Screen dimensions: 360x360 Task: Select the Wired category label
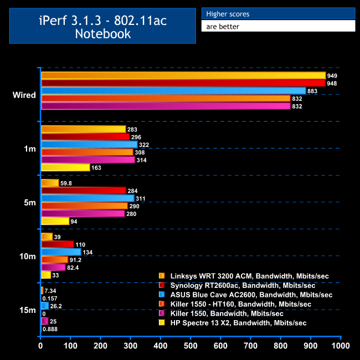(24, 95)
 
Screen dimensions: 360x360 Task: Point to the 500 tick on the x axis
(191, 346)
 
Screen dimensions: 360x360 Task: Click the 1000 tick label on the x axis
(340, 346)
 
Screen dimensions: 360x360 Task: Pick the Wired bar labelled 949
(183, 75)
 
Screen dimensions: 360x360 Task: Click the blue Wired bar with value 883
(173, 91)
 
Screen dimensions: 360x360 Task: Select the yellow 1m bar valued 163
(65, 167)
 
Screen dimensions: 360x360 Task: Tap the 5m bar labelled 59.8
(50, 183)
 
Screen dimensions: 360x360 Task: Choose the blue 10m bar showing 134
(61, 252)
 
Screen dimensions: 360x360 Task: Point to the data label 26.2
(56, 306)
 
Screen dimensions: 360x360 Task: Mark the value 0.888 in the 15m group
(50, 329)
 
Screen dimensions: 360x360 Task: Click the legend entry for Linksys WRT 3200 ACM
(244, 275)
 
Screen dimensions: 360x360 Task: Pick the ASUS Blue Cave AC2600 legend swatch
(162, 294)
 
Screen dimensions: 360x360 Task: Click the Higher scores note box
(277, 14)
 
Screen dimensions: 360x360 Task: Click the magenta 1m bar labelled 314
(88, 160)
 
